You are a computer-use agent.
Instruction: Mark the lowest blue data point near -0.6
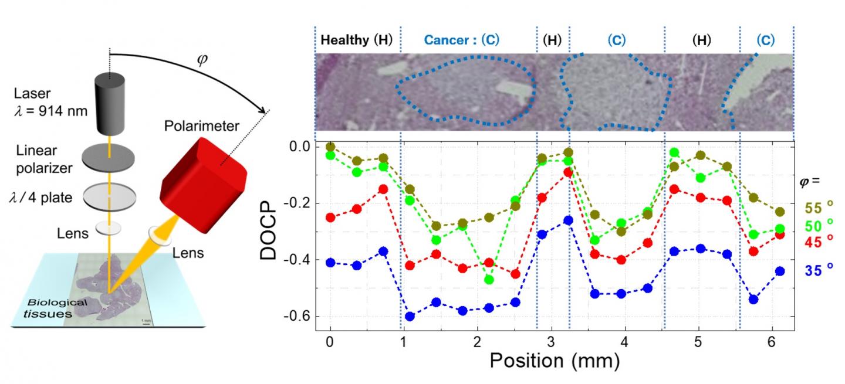click(x=410, y=317)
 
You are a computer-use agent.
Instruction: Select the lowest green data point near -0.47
click(x=489, y=280)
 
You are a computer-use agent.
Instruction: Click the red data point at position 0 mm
click(x=330, y=218)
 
